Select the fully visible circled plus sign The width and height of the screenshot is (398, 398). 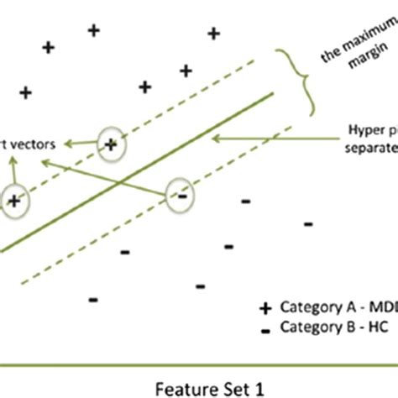click(112, 144)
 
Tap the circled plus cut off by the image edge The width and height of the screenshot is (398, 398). click(13, 200)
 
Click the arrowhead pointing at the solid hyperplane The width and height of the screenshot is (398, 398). click(216, 137)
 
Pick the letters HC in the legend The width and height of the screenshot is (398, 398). click(370, 327)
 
